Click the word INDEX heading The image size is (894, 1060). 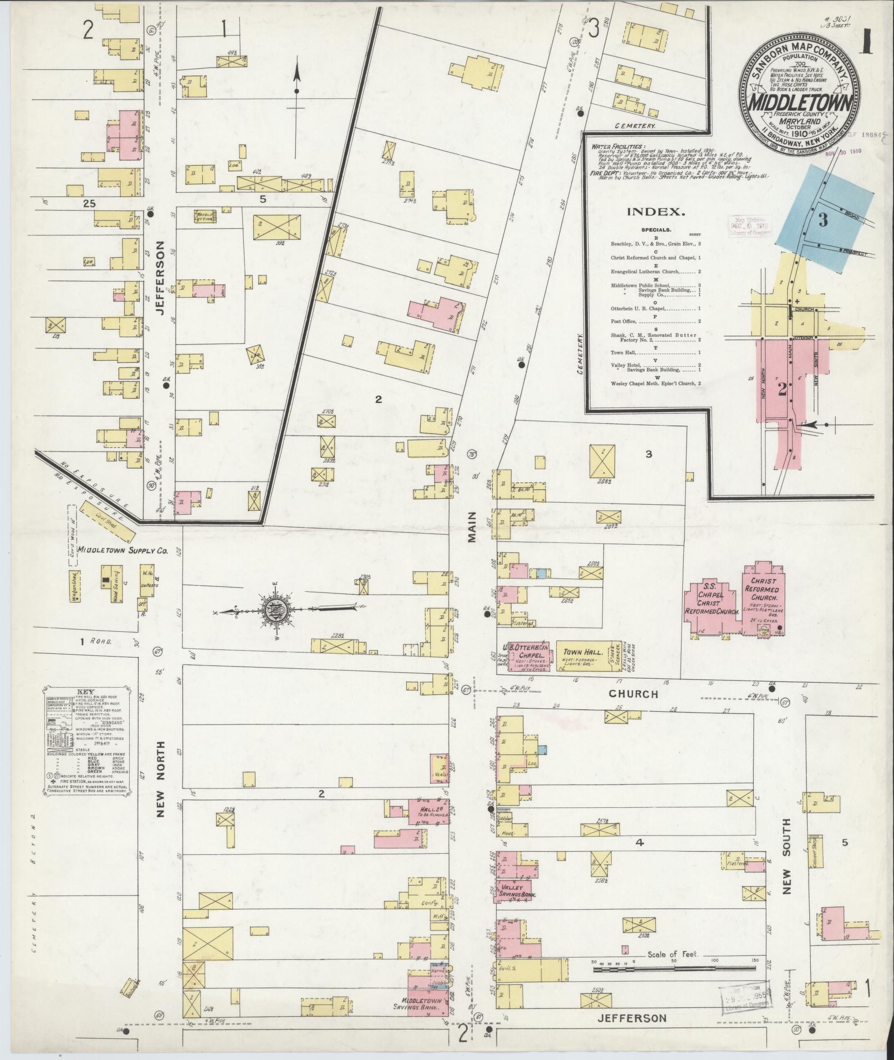point(652,211)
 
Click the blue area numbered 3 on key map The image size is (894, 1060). point(823,221)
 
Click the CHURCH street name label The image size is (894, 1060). point(633,693)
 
